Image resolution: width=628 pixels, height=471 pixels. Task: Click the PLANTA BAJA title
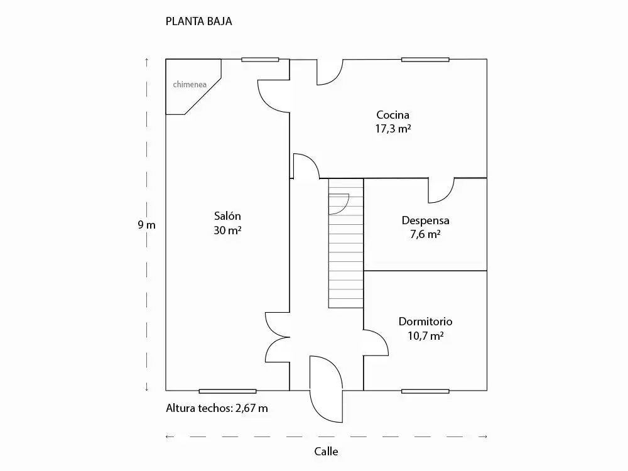pos(198,21)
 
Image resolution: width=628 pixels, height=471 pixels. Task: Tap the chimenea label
pos(190,85)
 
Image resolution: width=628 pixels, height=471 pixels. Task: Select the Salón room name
pos(227,216)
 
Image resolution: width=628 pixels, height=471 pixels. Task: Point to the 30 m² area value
pos(227,230)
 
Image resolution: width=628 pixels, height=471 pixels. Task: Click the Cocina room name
pos(393,115)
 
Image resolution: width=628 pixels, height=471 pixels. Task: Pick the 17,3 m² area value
pos(393,129)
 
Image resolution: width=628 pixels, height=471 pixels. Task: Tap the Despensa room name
pos(425,220)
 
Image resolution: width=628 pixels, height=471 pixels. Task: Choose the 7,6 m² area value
pos(425,234)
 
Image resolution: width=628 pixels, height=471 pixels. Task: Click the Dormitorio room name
pos(425,322)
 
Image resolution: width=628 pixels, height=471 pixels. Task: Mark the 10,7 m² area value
pos(425,335)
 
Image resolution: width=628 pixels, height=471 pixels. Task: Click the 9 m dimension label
pos(146,225)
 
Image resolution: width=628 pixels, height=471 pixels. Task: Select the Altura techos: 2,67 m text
pos(217,408)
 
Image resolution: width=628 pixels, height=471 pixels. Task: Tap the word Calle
pos(326,452)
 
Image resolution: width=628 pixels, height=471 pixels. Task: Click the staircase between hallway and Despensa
pos(346,243)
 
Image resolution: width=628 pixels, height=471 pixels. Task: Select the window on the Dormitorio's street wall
pos(425,391)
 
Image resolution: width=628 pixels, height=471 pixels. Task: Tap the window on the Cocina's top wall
pos(425,60)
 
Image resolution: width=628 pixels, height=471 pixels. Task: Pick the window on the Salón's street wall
pos(227,391)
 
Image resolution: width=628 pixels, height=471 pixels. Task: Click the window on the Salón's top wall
pos(260,60)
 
